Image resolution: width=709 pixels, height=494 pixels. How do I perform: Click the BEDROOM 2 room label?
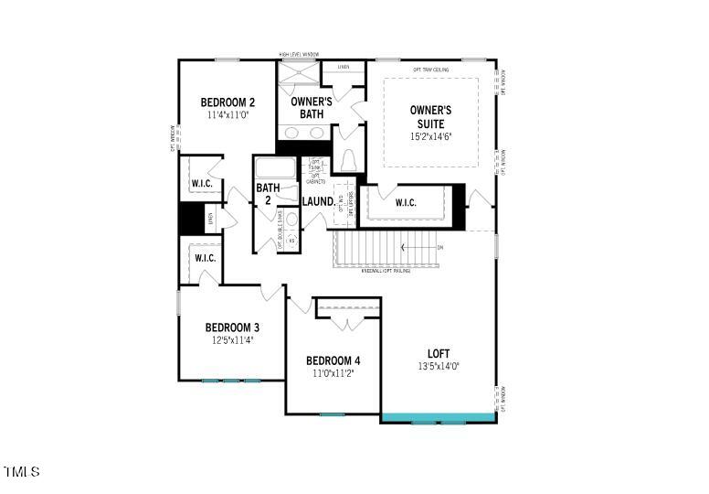point(228,102)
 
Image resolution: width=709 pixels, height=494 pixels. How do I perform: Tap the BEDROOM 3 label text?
point(232,328)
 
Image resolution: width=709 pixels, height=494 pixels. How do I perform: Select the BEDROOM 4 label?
point(333,360)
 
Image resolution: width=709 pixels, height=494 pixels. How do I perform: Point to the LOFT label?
point(439,353)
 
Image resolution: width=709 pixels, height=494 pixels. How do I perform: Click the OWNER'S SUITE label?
point(430,116)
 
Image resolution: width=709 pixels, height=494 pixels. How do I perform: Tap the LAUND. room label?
point(318,201)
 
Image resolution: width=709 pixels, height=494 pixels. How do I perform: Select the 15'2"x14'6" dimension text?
point(431,137)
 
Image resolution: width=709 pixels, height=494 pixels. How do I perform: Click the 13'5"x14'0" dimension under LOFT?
point(439,366)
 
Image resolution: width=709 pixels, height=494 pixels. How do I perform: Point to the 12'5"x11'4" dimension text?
point(231,340)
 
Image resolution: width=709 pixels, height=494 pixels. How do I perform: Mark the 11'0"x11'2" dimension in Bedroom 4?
point(333,373)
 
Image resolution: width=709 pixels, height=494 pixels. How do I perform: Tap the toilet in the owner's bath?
point(348,162)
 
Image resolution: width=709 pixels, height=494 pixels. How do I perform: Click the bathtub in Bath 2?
point(276,169)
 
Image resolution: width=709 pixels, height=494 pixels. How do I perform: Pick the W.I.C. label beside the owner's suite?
point(406,202)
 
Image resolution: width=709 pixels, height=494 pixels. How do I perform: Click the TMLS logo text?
point(22,472)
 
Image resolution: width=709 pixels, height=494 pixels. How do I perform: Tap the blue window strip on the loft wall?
point(439,419)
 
